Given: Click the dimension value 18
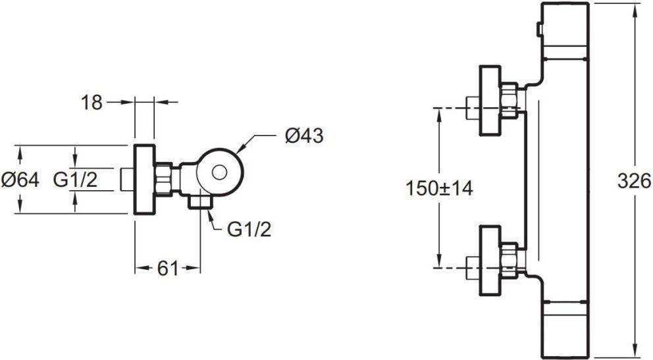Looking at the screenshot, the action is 91,102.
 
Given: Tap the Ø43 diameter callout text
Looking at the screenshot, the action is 304,136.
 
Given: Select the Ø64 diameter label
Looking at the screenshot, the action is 20,180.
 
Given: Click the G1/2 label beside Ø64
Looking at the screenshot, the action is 76,180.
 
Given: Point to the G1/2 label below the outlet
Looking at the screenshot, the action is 249,229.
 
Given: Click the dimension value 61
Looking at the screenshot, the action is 168,269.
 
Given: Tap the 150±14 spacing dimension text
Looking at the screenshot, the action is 439,188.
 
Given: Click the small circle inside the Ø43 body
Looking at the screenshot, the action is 219,172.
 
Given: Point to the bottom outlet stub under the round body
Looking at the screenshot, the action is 200,202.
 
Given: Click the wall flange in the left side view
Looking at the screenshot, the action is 145,180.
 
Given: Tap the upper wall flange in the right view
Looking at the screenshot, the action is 489,100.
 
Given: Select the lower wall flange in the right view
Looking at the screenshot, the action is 489,261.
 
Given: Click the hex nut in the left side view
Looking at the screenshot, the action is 164,179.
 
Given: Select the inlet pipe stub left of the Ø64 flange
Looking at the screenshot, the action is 127,180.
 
